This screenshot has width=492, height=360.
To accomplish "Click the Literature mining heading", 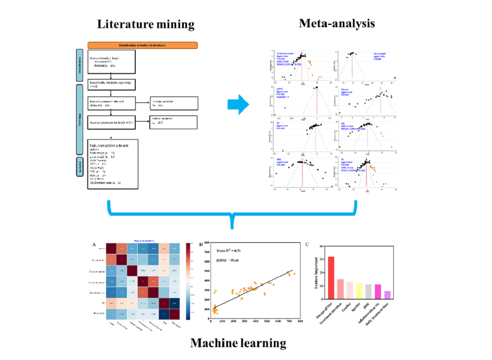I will click(145, 25).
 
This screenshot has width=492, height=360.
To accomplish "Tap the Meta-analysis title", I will click(337, 23).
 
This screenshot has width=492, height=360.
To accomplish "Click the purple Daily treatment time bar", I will click(387, 295).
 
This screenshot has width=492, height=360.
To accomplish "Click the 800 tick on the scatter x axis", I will click(300, 321).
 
